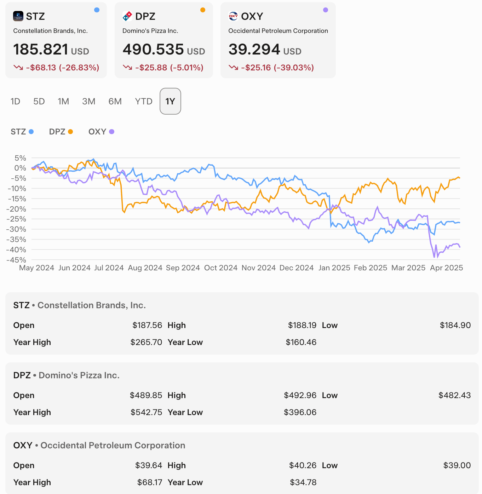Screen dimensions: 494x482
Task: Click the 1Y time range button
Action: [170, 102]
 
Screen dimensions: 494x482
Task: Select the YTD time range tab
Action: [143, 102]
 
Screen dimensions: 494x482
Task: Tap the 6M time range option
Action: [115, 102]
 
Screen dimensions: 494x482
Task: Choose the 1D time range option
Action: [15, 102]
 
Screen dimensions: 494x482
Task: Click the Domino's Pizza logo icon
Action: [127, 16]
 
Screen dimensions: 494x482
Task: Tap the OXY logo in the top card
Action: [233, 16]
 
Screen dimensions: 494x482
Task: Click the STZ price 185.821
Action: [41, 50]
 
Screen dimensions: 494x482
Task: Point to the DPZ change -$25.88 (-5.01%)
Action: [169, 68]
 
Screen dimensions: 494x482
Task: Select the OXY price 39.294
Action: [254, 50]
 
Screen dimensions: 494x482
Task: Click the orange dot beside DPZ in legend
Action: [70, 132]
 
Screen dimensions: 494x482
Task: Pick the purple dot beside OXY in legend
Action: [112, 132]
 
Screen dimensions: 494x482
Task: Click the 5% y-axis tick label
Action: [20, 158]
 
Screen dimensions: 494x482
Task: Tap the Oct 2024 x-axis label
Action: [220, 268]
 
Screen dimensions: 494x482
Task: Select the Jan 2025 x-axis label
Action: [334, 268]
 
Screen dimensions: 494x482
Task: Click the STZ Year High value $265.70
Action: [146, 342]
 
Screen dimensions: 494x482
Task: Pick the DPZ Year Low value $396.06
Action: [300, 412]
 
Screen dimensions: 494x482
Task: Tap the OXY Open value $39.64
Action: [149, 465]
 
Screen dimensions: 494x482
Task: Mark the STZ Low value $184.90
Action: [455, 325]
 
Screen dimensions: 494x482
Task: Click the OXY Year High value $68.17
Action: [150, 482]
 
